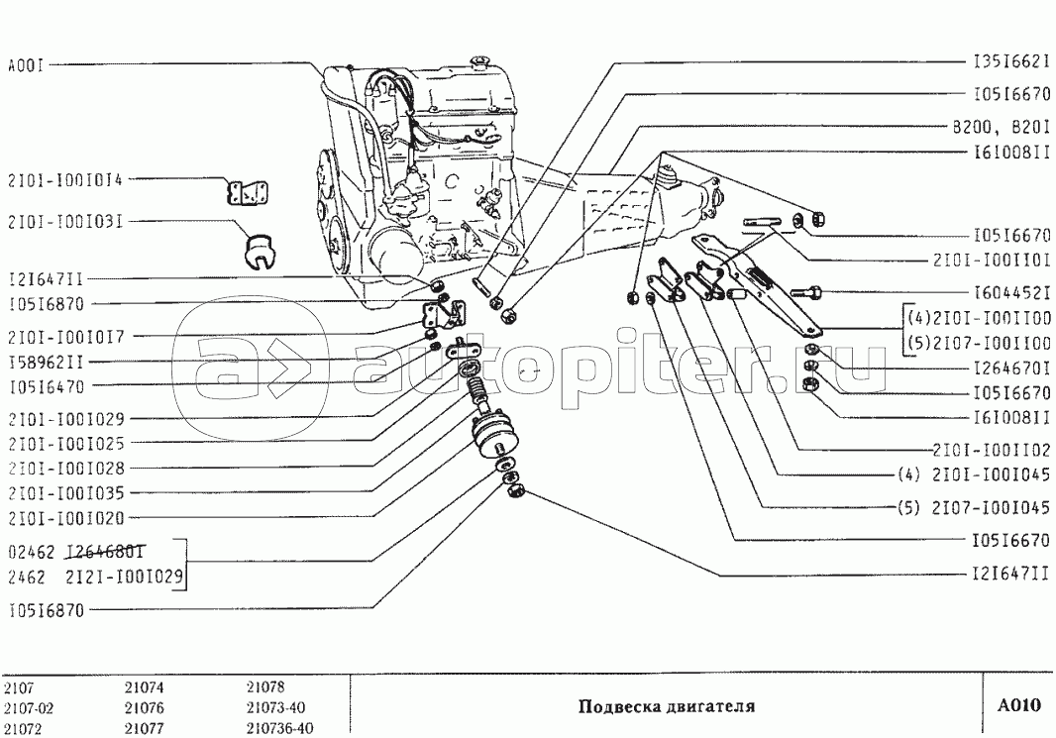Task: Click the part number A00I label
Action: [x=26, y=66]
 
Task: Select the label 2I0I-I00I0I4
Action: [x=65, y=179]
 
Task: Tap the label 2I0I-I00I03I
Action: [x=65, y=221]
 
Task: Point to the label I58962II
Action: [x=46, y=363]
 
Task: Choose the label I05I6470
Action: [x=46, y=387]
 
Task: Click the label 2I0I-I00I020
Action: [x=66, y=518]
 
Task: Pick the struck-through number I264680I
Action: [x=105, y=552]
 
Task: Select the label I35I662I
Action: [x=1011, y=62]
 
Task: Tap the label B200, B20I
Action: [x=1001, y=127]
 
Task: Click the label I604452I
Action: [x=1011, y=293]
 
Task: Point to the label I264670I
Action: [x=1011, y=368]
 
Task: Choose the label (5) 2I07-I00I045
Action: [x=974, y=507]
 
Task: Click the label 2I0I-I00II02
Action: [x=992, y=450]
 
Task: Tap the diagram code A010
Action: [x=1019, y=705]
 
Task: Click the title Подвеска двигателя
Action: [x=667, y=705]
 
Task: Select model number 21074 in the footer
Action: [x=144, y=687]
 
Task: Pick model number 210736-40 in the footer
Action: [x=279, y=728]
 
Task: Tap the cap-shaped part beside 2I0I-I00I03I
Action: [x=257, y=250]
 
